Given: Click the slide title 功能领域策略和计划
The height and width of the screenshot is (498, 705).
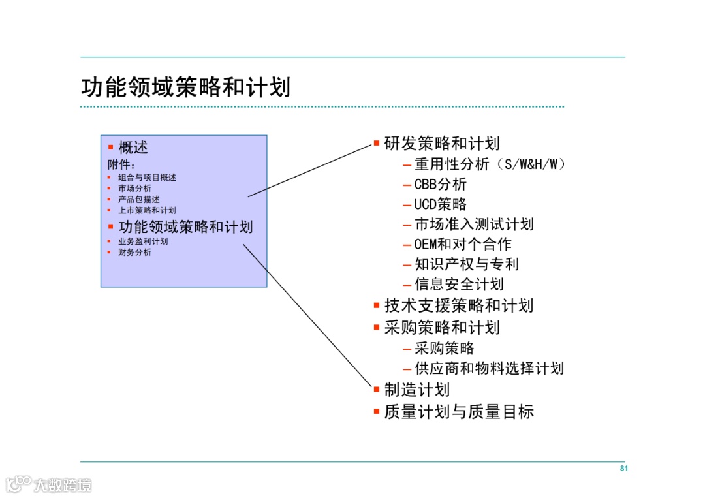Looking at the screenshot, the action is point(185,87).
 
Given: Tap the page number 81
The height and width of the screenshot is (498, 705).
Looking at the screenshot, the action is point(623,469).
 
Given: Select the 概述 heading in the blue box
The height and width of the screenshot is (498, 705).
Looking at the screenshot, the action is point(133,148).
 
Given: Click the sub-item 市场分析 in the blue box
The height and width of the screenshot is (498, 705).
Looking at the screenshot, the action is point(134,188).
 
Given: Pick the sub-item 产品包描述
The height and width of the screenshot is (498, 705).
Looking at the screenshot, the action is point(138,199).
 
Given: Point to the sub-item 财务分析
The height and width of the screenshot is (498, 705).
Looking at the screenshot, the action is point(134,252).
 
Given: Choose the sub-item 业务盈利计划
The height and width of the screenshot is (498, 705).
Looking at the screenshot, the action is point(143,241).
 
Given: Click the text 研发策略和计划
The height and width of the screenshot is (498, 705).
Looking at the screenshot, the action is point(442,144).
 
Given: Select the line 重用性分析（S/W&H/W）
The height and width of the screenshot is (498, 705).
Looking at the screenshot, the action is point(490,164).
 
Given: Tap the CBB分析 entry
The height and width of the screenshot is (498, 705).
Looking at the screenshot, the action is point(441,184).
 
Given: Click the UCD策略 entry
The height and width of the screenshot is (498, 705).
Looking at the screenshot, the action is point(441,204).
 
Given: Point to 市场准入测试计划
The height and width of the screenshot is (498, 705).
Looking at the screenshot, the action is point(474,225).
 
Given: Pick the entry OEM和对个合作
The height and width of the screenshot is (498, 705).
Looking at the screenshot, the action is point(463,245).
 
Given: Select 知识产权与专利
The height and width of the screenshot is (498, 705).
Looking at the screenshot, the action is point(467,264).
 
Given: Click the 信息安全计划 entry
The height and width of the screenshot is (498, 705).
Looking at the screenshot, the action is point(459,285).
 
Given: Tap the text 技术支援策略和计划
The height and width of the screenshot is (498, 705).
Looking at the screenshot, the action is point(458,305).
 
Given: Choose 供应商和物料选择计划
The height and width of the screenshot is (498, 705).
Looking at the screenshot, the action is point(489,368).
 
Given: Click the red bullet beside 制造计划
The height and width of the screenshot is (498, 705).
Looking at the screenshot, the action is point(377,389).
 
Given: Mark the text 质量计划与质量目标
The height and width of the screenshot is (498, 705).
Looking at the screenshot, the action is point(459,411).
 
